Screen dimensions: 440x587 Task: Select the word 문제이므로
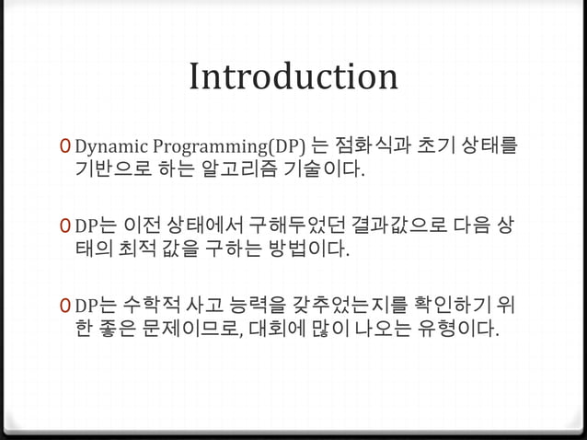(188, 329)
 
